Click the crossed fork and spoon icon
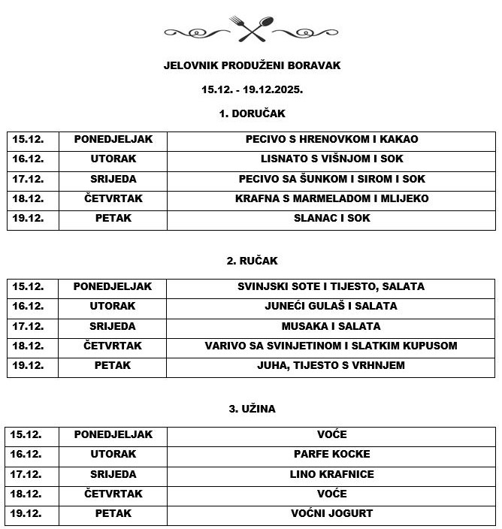(x=252, y=29)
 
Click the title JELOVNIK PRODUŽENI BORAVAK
(x=252, y=65)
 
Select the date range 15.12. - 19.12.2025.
(x=252, y=89)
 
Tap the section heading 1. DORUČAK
(x=252, y=113)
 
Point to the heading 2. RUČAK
(x=252, y=261)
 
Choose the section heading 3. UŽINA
(x=252, y=409)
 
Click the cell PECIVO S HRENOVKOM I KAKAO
(x=331, y=139)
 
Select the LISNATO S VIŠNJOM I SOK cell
(x=331, y=159)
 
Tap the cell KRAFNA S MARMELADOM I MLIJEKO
(x=331, y=198)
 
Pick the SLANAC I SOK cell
(x=331, y=219)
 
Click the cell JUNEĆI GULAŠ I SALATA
(x=331, y=307)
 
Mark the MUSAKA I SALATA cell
(x=331, y=326)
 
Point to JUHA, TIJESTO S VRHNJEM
(x=331, y=366)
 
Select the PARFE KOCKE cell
(x=331, y=455)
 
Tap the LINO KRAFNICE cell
(x=331, y=474)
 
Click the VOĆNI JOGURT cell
(x=331, y=514)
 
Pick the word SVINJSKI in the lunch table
(x=262, y=286)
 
